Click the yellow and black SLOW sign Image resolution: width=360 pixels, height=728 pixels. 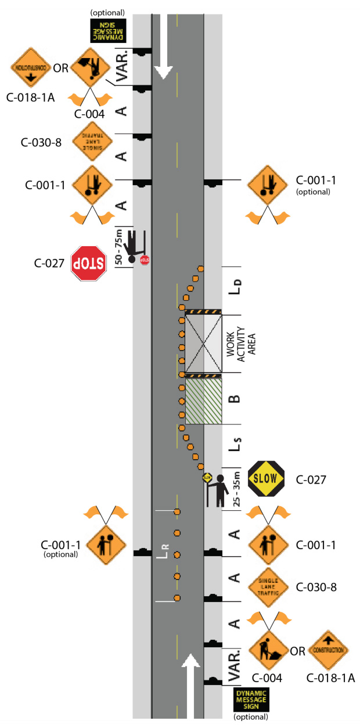266,479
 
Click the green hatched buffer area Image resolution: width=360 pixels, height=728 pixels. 203,401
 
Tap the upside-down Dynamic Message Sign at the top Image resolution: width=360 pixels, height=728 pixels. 107,31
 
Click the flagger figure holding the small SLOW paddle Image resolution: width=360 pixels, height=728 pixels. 218,489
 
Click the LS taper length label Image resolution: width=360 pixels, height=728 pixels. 235,448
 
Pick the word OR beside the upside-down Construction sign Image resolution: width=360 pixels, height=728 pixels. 61,68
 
